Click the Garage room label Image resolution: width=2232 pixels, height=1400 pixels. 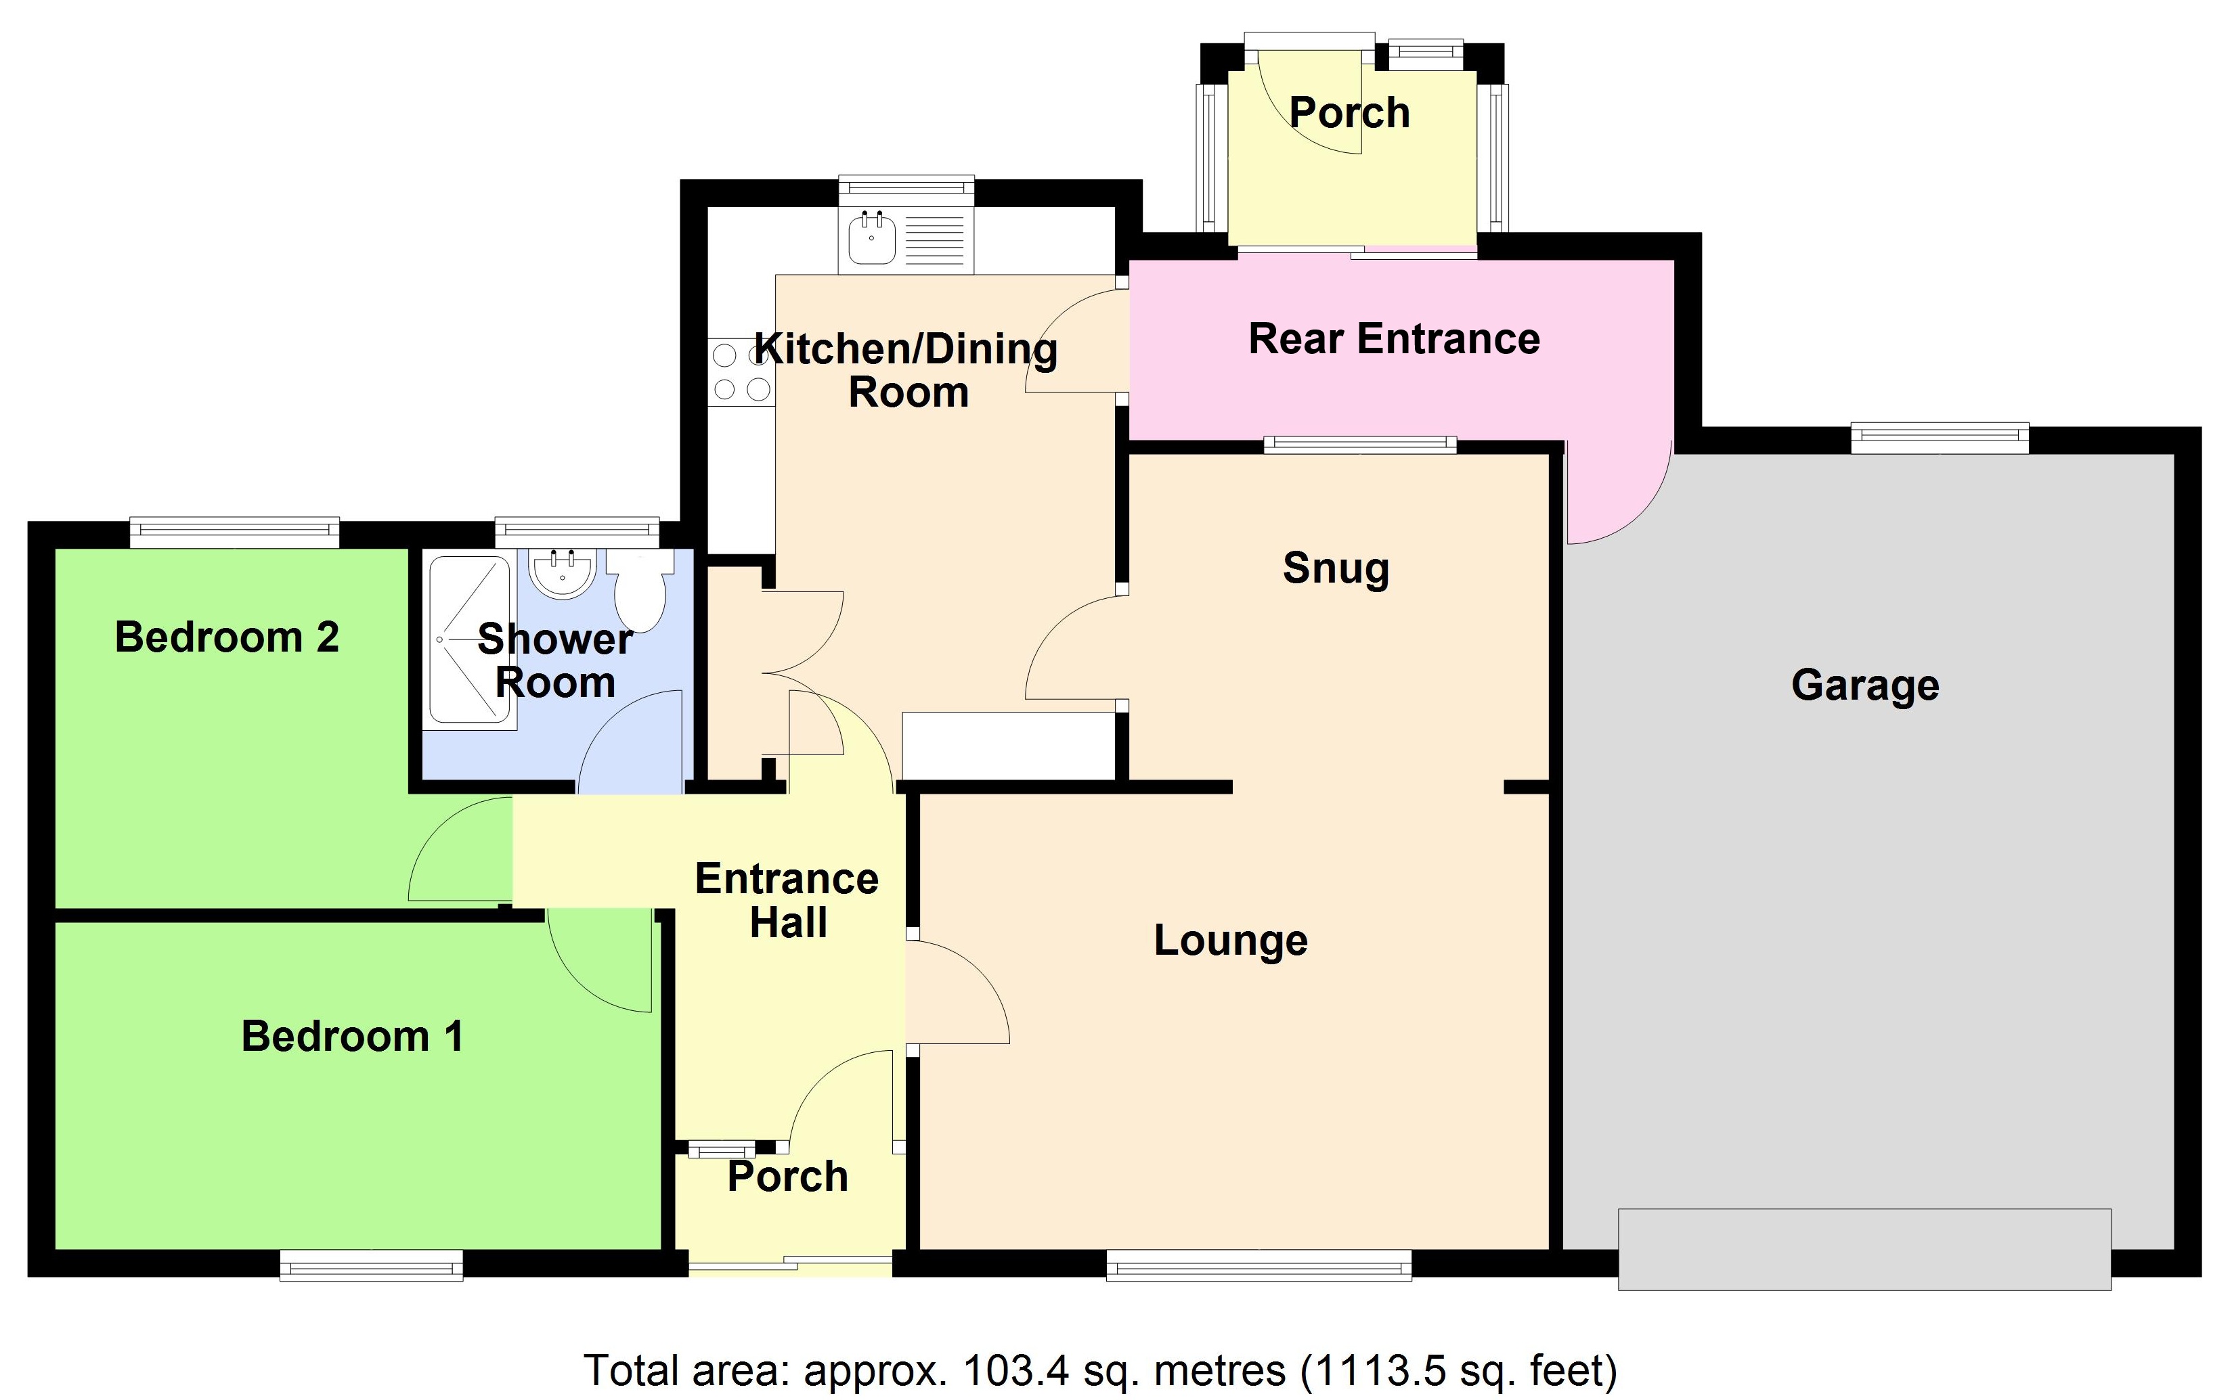(x=1864, y=686)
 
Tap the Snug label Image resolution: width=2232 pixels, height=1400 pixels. (x=1336, y=568)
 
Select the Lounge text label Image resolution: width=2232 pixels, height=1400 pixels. (x=1230, y=941)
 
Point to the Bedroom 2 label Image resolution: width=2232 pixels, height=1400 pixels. (x=227, y=637)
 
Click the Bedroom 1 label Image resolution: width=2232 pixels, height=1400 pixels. (x=352, y=1036)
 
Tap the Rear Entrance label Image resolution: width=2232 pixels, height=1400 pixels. (x=1394, y=339)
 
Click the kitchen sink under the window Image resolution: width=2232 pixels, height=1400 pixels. (x=873, y=238)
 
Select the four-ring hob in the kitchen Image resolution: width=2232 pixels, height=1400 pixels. (x=741, y=372)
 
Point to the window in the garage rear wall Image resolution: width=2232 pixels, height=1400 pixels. (x=1940, y=438)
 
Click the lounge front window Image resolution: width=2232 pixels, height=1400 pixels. (x=1259, y=1265)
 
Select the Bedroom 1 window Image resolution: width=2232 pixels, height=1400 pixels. (x=372, y=1265)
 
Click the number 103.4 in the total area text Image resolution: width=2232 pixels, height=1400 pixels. (x=1016, y=1370)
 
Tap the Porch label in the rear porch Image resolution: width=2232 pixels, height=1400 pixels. (x=1349, y=113)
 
